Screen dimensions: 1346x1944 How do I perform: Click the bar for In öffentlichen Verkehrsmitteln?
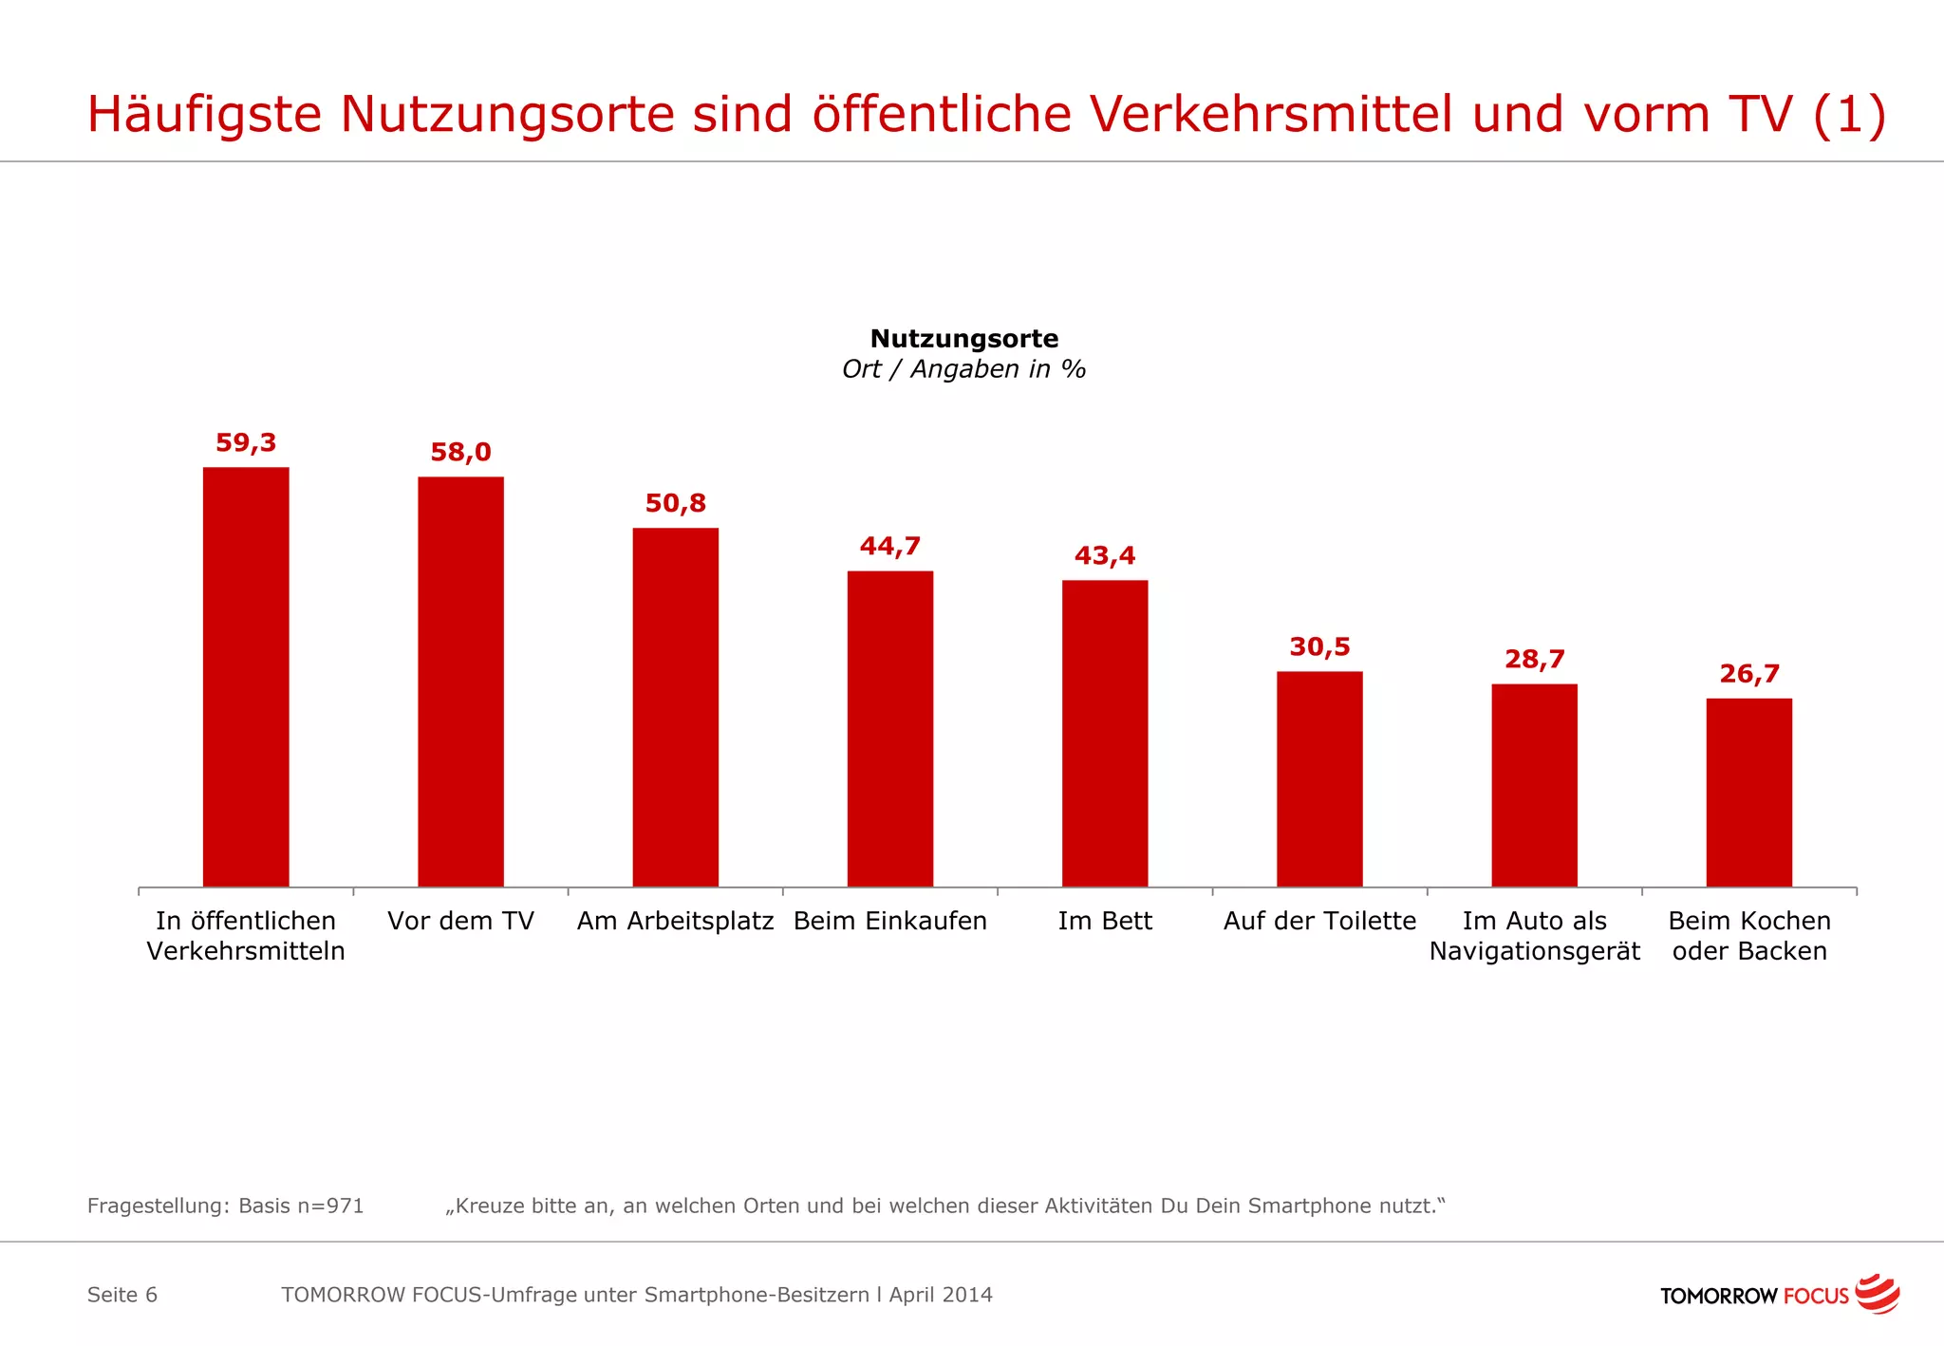click(x=246, y=677)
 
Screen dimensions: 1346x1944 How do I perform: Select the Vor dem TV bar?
click(x=460, y=682)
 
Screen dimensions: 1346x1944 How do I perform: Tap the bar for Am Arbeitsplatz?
click(x=675, y=707)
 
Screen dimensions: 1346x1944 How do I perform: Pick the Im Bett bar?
click(x=1105, y=733)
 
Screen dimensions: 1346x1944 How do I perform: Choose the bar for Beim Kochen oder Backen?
click(x=1748, y=793)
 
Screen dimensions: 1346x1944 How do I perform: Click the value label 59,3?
click(x=246, y=442)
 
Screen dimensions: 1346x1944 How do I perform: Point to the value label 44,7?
click(x=889, y=546)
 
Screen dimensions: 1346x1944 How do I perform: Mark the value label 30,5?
click(x=1319, y=646)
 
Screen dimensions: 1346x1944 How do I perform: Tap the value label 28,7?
click(x=1534, y=659)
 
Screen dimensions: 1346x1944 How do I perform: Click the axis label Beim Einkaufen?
click(x=889, y=921)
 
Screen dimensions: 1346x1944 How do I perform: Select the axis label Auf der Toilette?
click(x=1319, y=921)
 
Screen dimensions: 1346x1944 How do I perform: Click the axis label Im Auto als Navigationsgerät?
click(x=1534, y=936)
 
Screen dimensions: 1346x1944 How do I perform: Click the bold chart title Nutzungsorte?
click(x=963, y=338)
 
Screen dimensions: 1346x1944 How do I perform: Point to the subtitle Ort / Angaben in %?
click(x=963, y=369)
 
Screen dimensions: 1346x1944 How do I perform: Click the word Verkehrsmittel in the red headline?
click(x=1271, y=114)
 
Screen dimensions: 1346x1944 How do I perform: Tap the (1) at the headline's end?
click(x=1848, y=114)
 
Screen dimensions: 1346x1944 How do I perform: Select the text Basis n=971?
click(x=301, y=1206)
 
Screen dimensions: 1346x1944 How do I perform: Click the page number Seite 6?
click(x=122, y=1295)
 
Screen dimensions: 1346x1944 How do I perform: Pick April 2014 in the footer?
click(x=941, y=1295)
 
